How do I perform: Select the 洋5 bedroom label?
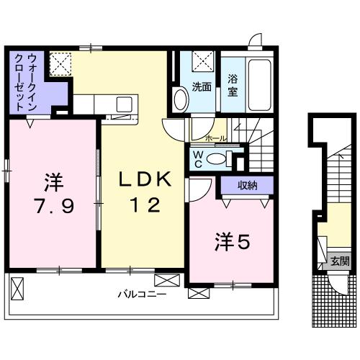coord(230,243)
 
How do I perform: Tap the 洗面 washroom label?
coord(202,88)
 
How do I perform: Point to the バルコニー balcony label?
coord(143,294)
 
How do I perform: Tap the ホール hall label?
coord(215,137)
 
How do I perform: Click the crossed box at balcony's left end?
coord(19,289)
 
